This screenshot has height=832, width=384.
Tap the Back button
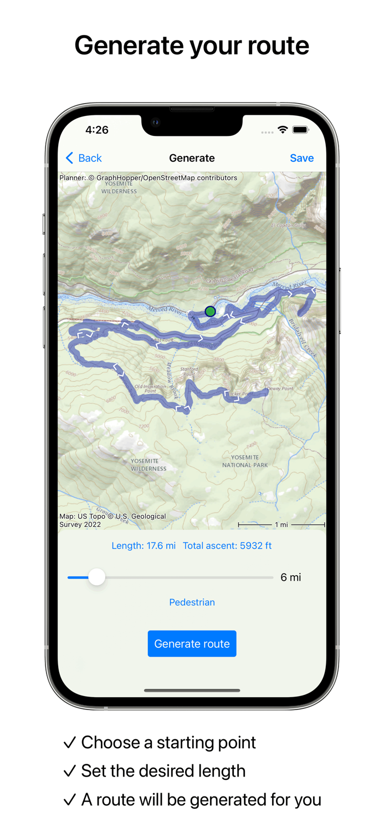84,158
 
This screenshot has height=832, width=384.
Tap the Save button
301,158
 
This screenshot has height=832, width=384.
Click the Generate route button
192,643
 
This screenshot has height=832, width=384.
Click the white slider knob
97,577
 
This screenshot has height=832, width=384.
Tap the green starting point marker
210,311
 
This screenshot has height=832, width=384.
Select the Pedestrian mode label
192,602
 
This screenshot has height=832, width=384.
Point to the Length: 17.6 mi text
144,546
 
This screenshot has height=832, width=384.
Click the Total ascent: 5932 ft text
227,546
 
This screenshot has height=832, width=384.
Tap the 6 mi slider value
290,577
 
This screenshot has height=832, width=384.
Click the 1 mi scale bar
281,524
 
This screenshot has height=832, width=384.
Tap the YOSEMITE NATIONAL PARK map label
245,461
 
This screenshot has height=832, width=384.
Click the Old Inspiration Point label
150,389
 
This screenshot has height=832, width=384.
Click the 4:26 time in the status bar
97,130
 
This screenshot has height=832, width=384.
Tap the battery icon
300,130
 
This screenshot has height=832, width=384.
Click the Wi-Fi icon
283,130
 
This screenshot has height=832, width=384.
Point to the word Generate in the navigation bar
192,158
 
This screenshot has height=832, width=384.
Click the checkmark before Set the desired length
69,771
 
